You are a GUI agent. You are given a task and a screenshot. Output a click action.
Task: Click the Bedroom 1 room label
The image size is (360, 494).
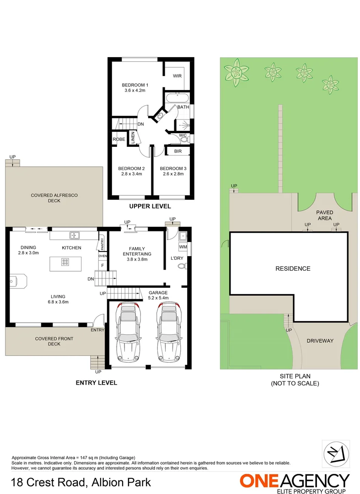tap(135, 85)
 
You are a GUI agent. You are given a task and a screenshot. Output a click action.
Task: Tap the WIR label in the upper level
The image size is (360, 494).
tap(177, 76)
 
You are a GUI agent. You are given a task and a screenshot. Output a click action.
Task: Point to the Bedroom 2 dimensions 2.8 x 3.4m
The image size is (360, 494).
tap(132, 174)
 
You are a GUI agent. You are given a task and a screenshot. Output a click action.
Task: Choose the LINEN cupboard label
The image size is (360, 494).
tap(133, 138)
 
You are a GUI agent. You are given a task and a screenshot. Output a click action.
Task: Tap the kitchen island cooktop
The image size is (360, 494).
tap(65, 262)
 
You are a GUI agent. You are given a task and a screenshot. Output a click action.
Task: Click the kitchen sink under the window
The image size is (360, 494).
tap(74, 236)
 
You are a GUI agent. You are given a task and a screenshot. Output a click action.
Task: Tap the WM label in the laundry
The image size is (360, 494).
tap(183, 247)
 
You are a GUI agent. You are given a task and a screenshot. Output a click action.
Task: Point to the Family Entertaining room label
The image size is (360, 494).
tap(137, 251)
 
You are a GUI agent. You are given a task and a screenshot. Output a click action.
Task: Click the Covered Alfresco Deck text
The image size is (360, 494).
tap(54, 198)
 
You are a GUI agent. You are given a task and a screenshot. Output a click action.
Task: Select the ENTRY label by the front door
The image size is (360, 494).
tap(97, 330)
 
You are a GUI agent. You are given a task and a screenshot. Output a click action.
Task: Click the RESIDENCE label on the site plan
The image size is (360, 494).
tap(292, 268)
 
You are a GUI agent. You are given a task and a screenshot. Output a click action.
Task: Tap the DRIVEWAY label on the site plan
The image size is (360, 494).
tap(320, 341)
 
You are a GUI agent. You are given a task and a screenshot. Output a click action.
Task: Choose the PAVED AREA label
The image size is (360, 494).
tap(324, 215)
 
